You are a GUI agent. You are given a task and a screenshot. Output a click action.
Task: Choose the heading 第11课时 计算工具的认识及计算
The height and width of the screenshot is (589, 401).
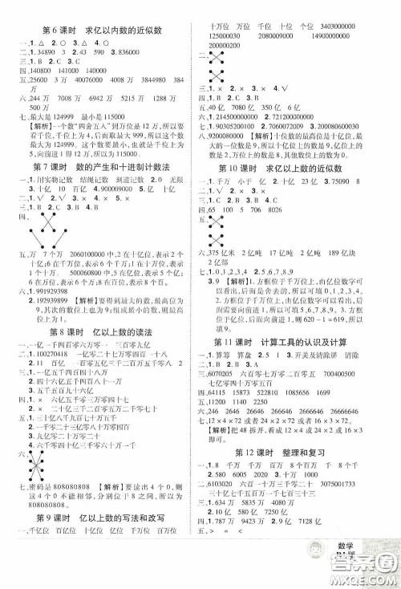(298, 364)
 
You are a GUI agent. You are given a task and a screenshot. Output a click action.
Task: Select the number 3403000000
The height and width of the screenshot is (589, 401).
(363, 26)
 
